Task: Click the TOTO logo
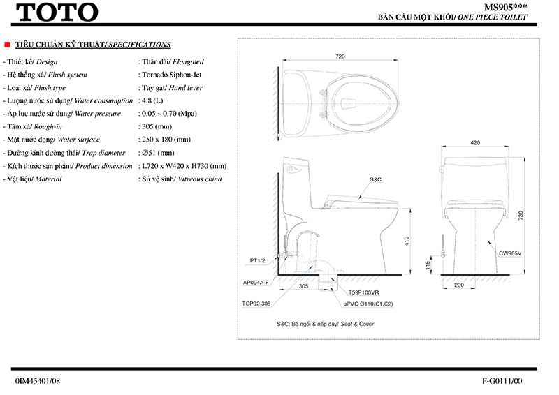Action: point(57,12)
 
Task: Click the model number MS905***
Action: point(507,6)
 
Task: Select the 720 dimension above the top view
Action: point(340,57)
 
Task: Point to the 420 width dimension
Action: point(474,143)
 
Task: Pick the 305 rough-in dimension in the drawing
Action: point(303,285)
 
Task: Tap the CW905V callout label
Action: point(511,253)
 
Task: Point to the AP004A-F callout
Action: point(256,283)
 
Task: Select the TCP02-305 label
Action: point(256,304)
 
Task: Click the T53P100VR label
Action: point(363,294)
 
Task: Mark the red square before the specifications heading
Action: point(7,44)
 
